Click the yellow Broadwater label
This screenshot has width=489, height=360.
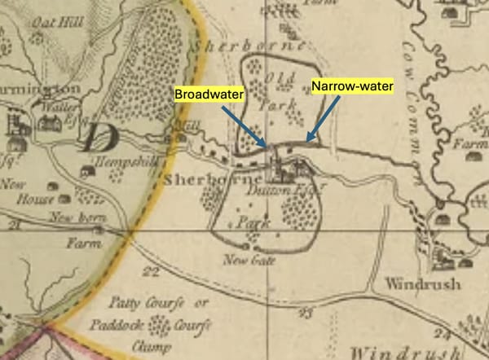207,95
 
